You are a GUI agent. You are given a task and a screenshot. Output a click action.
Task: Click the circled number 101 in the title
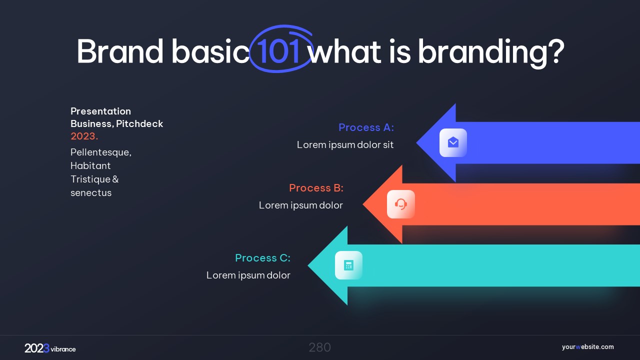[x=278, y=51]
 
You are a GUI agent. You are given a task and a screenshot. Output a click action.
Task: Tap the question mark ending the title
[x=556, y=51]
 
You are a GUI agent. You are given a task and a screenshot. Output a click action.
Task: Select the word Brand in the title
[x=120, y=51]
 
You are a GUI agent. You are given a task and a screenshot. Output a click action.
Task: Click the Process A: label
[x=366, y=127]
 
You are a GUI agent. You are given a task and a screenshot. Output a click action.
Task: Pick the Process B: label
[x=316, y=188]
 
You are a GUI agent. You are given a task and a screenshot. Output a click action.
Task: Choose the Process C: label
[x=262, y=258]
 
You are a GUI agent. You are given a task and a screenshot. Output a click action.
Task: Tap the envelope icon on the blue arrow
[x=453, y=142]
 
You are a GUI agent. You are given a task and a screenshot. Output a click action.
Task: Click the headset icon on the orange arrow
[x=401, y=204]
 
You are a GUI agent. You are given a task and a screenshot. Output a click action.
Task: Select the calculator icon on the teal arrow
[x=348, y=265]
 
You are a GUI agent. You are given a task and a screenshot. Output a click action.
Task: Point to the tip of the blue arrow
[x=416, y=142]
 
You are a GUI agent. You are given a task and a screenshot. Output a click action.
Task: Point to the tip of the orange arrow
[x=363, y=204]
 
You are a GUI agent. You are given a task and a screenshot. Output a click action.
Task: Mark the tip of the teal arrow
[x=308, y=265]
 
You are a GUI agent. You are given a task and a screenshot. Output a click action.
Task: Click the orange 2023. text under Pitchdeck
[x=84, y=136]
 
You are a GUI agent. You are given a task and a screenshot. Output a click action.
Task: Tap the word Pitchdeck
[x=139, y=124]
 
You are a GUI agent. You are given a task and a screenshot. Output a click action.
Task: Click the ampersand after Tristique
[x=115, y=179]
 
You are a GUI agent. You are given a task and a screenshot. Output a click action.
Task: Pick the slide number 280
[x=319, y=347]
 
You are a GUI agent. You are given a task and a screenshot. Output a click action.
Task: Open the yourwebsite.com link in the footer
[x=587, y=347]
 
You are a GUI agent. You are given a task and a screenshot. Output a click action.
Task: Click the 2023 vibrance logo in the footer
[x=50, y=348]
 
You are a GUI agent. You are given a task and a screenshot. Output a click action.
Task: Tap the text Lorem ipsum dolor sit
[x=345, y=145]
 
